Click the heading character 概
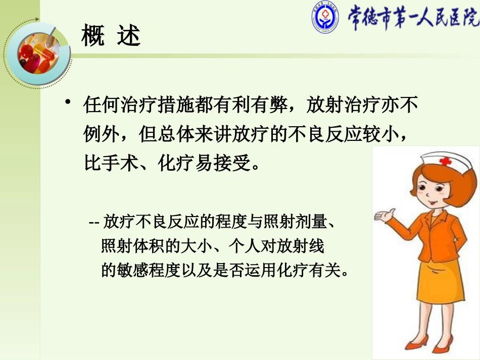click(x=93, y=37)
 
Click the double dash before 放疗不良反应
click(x=94, y=222)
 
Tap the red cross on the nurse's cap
click(x=445, y=162)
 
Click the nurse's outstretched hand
click(x=383, y=216)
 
